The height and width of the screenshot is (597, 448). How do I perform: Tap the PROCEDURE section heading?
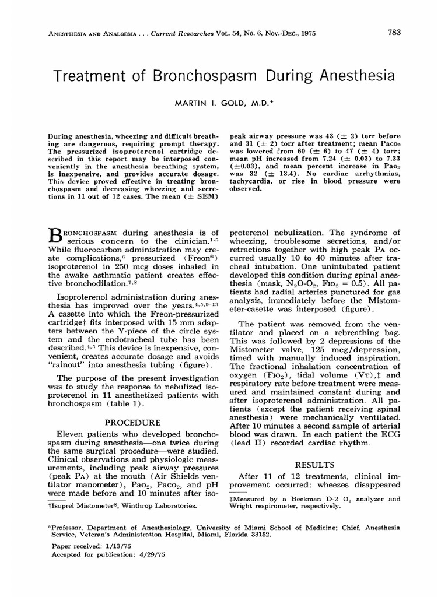tap(133, 423)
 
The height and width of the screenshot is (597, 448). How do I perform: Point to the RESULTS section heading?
tap(315, 465)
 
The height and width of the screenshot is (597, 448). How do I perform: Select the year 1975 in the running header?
tap(305, 34)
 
